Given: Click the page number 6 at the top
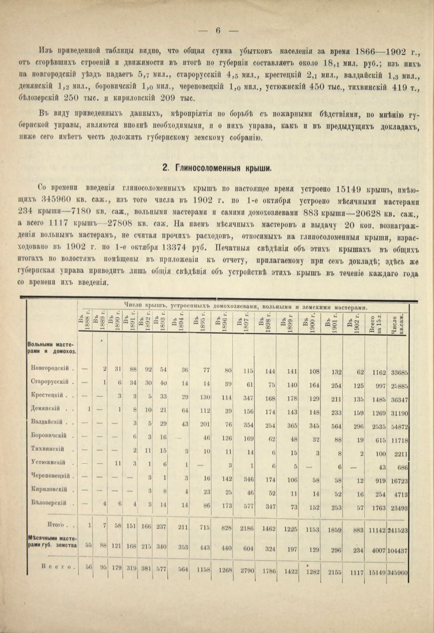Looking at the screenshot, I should pyautogui.click(x=218, y=30).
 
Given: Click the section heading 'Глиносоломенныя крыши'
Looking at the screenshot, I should pyautogui.click(x=218, y=167).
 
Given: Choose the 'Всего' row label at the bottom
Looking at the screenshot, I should pyautogui.click(x=59, y=566).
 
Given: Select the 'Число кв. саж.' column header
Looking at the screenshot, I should pyautogui.click(x=398, y=323).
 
